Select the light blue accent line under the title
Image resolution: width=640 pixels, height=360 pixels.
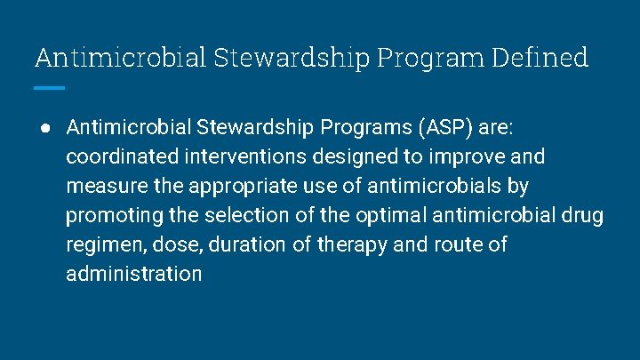pyautogui.click(x=50, y=88)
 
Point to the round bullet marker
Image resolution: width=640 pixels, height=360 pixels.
pyautogui.click(x=44, y=128)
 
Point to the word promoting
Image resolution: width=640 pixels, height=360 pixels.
pyautogui.click(x=109, y=215)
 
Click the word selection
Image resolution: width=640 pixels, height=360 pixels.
pyautogui.click(x=258, y=215)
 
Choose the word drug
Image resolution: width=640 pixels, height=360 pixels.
pyautogui.click(x=583, y=215)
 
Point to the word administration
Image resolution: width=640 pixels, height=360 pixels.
pyautogui.click(x=134, y=274)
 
